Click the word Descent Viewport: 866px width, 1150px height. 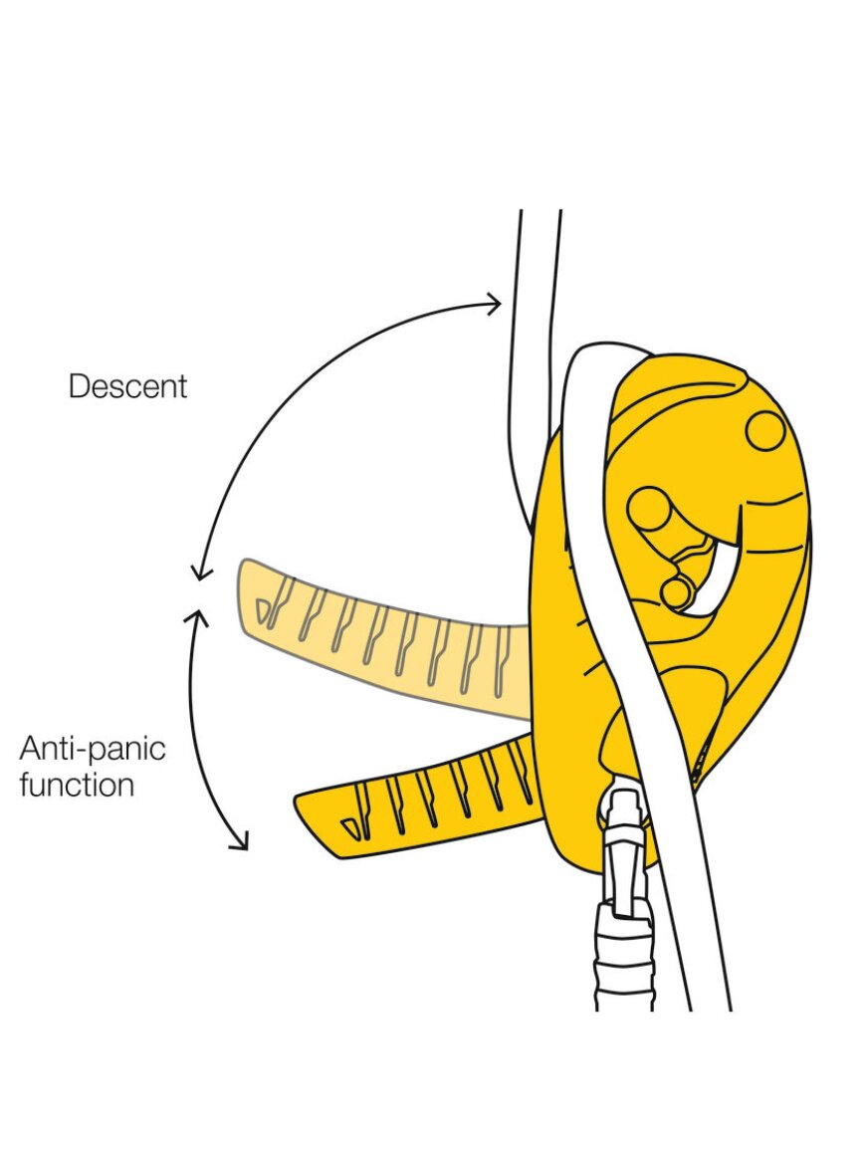click(x=127, y=386)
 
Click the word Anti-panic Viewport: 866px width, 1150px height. click(x=93, y=748)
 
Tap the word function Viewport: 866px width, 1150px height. click(x=77, y=785)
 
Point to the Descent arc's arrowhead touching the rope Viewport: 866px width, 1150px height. click(x=495, y=302)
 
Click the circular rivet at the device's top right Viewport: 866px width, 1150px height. click(x=765, y=431)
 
